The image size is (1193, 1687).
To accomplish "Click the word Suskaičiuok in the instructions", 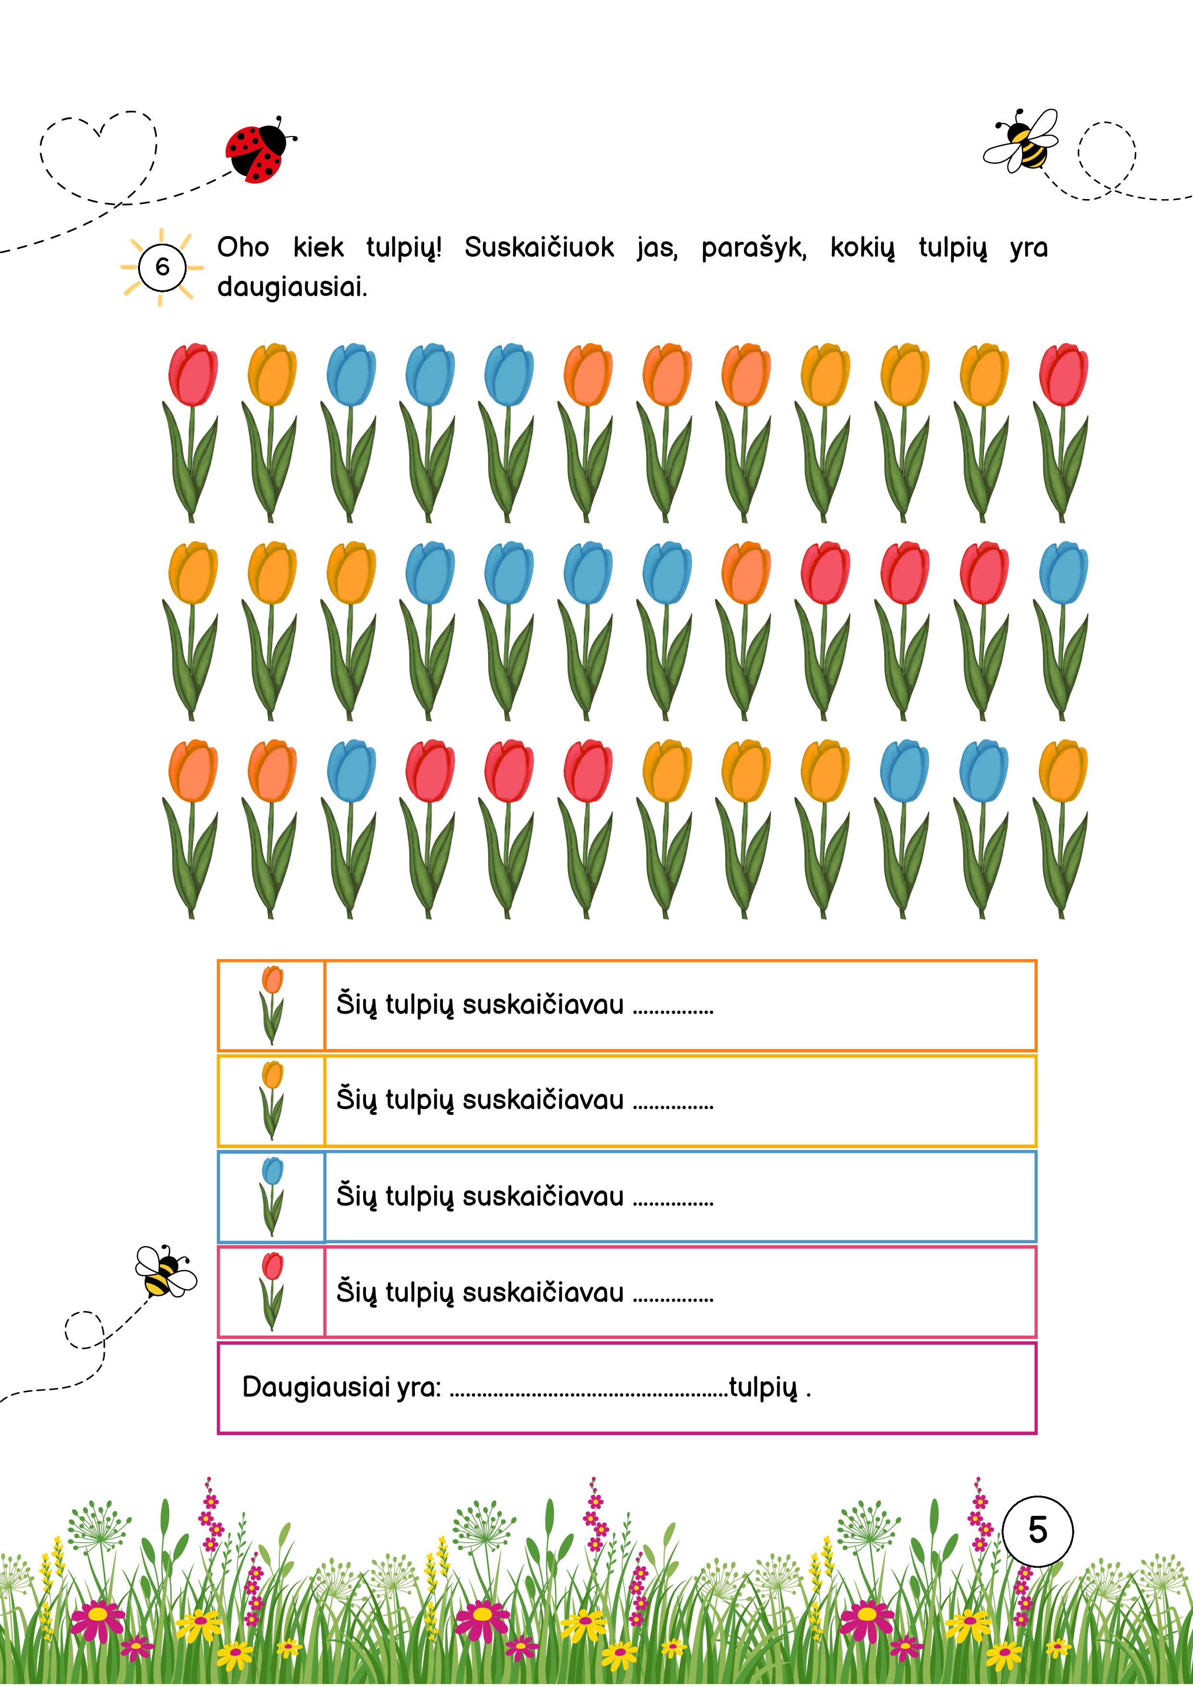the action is tap(539, 248).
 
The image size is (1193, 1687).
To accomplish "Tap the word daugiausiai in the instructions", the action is tap(292, 287).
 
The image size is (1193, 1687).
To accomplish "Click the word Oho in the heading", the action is tap(242, 248).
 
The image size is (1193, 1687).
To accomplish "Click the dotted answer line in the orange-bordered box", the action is tap(673, 1012).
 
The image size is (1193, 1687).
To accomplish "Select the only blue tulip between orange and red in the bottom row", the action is tap(351, 772).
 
